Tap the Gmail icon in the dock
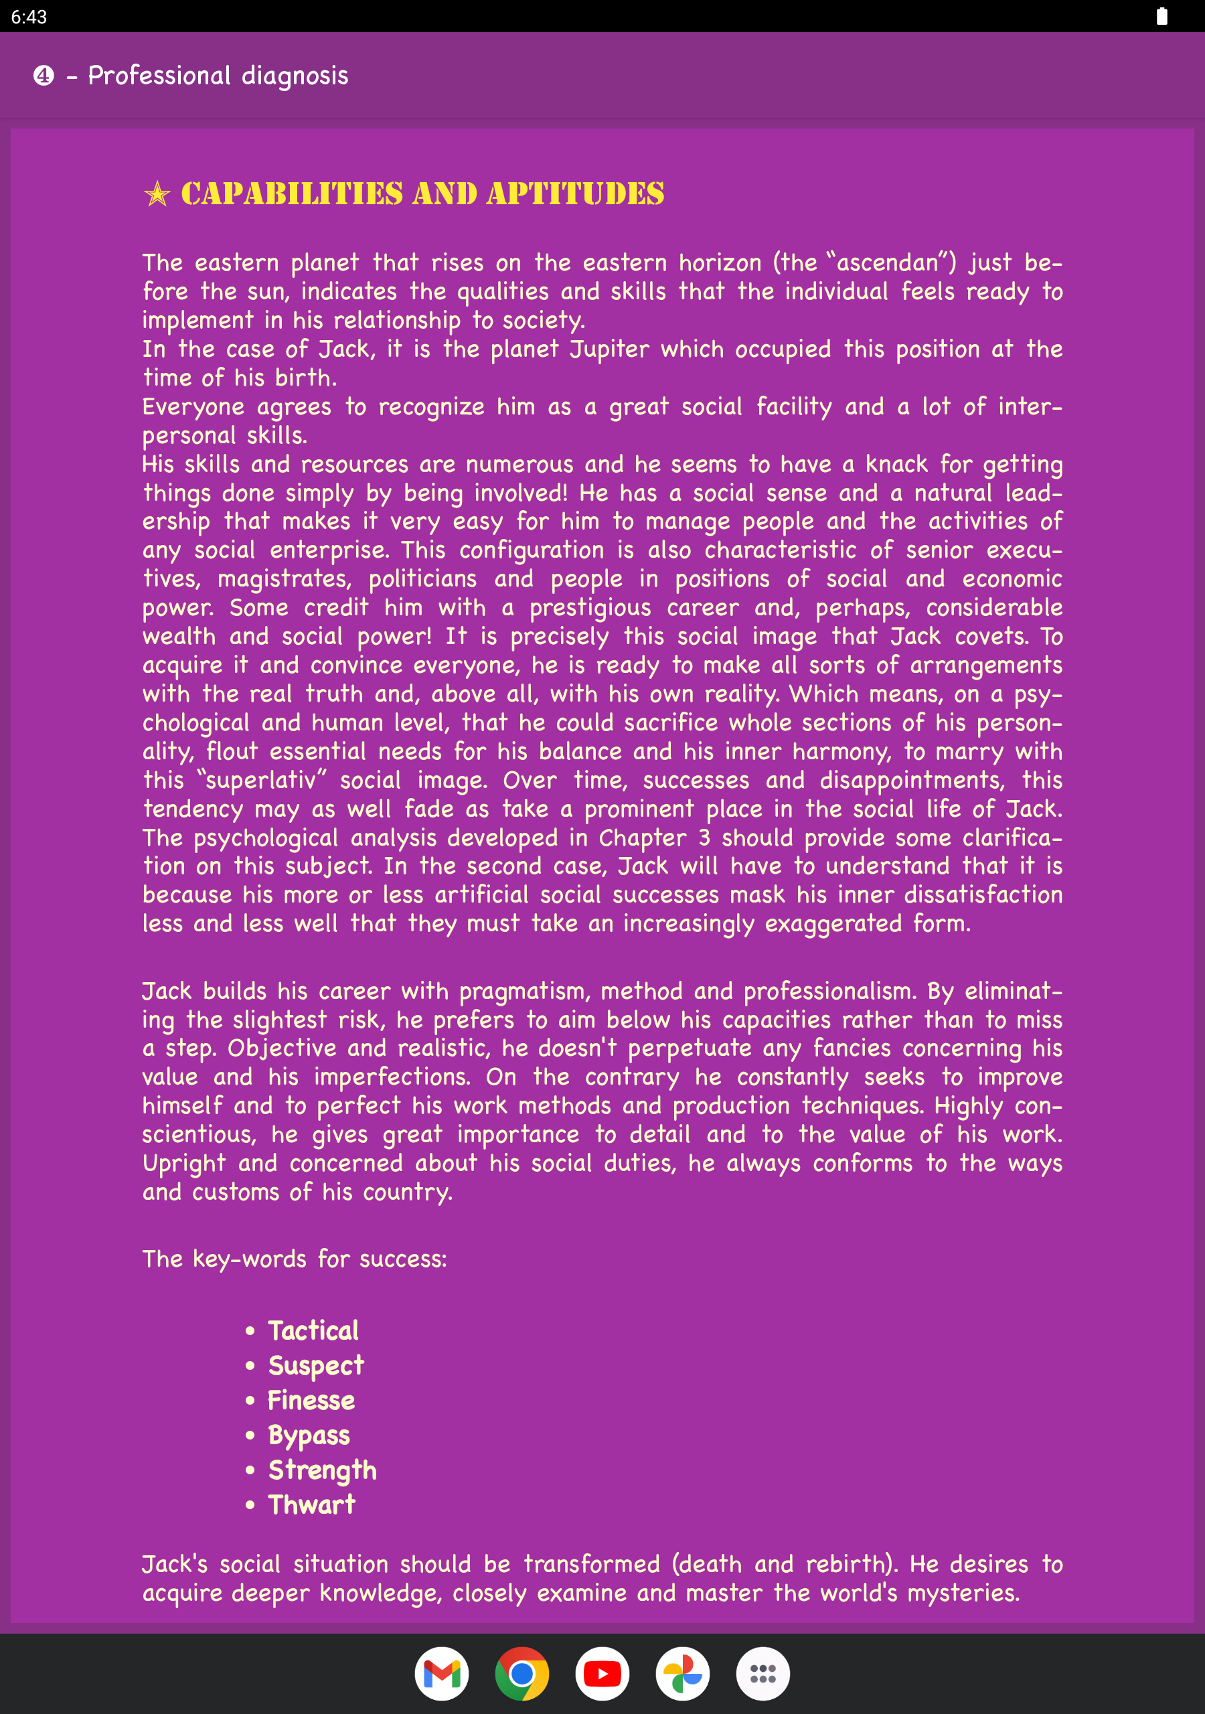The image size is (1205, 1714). (441, 1673)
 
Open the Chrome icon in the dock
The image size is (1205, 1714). (522, 1673)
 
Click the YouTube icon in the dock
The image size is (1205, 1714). (602, 1673)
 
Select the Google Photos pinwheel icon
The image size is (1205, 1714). (682, 1673)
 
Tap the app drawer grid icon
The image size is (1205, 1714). (762, 1673)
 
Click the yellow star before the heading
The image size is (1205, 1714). (157, 194)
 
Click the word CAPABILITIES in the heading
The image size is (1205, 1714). (292, 194)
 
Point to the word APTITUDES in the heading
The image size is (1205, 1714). (575, 194)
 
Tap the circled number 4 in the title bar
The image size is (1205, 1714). (44, 76)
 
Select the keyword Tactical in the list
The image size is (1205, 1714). (313, 1330)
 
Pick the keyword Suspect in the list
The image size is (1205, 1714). (316, 1365)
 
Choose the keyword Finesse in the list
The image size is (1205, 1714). (311, 1401)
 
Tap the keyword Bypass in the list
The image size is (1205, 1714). (309, 1435)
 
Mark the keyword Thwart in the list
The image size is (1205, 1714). (311, 1504)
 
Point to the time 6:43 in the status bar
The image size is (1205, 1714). (29, 17)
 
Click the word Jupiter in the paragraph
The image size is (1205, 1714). (609, 349)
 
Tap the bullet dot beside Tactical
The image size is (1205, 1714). (250, 1331)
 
